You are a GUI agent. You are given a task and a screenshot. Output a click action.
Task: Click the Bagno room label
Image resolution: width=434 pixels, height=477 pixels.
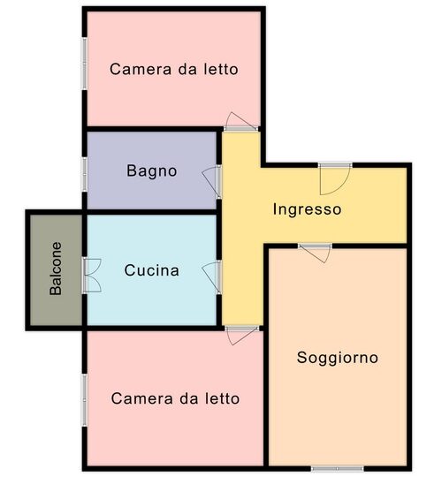pos(151,171)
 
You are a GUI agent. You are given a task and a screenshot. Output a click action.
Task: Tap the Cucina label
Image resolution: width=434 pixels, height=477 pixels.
pos(151,270)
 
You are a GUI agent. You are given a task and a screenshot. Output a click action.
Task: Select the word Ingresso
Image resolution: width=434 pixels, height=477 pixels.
pos(307,209)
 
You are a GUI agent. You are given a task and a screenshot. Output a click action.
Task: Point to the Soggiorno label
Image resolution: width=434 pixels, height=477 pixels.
pos(338,358)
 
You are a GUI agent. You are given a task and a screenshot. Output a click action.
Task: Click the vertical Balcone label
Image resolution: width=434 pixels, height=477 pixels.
pos(56,269)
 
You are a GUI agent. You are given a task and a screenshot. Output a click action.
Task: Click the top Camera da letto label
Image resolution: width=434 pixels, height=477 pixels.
pos(174,69)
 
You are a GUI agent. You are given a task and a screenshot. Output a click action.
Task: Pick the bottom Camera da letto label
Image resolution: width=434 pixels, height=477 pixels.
pos(175,398)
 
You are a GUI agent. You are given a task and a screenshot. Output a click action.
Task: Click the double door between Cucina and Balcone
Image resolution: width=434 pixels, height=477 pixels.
pos(91,276)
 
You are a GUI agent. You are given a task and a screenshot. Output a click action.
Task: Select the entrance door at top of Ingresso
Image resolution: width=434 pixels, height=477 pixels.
pos(335,179)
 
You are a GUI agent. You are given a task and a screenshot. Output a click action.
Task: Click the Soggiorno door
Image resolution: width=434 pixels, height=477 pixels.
pos(316,254)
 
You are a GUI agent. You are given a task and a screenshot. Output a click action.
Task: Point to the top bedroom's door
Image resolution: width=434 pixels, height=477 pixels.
pos(241,122)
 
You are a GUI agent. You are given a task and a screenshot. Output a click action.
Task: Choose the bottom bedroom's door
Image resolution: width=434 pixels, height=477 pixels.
pos(242,336)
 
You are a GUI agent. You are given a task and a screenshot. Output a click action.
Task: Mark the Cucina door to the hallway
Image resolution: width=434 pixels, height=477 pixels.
pos(212,277)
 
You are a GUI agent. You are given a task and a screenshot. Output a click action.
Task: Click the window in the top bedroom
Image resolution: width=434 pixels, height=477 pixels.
pos(85,64)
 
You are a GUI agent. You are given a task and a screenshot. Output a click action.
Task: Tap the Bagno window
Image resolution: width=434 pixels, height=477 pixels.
pos(85,174)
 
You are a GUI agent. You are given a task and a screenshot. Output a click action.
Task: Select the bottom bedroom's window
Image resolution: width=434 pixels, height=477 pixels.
pos(85,400)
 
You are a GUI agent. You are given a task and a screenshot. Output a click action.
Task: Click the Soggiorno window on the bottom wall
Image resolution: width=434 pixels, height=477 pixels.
pos(338,468)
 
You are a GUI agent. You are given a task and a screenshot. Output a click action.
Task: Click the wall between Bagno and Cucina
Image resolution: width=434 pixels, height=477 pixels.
pos(152,212)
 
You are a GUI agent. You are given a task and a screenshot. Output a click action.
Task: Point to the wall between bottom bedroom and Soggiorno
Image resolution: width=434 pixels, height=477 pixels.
pos(266,396)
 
